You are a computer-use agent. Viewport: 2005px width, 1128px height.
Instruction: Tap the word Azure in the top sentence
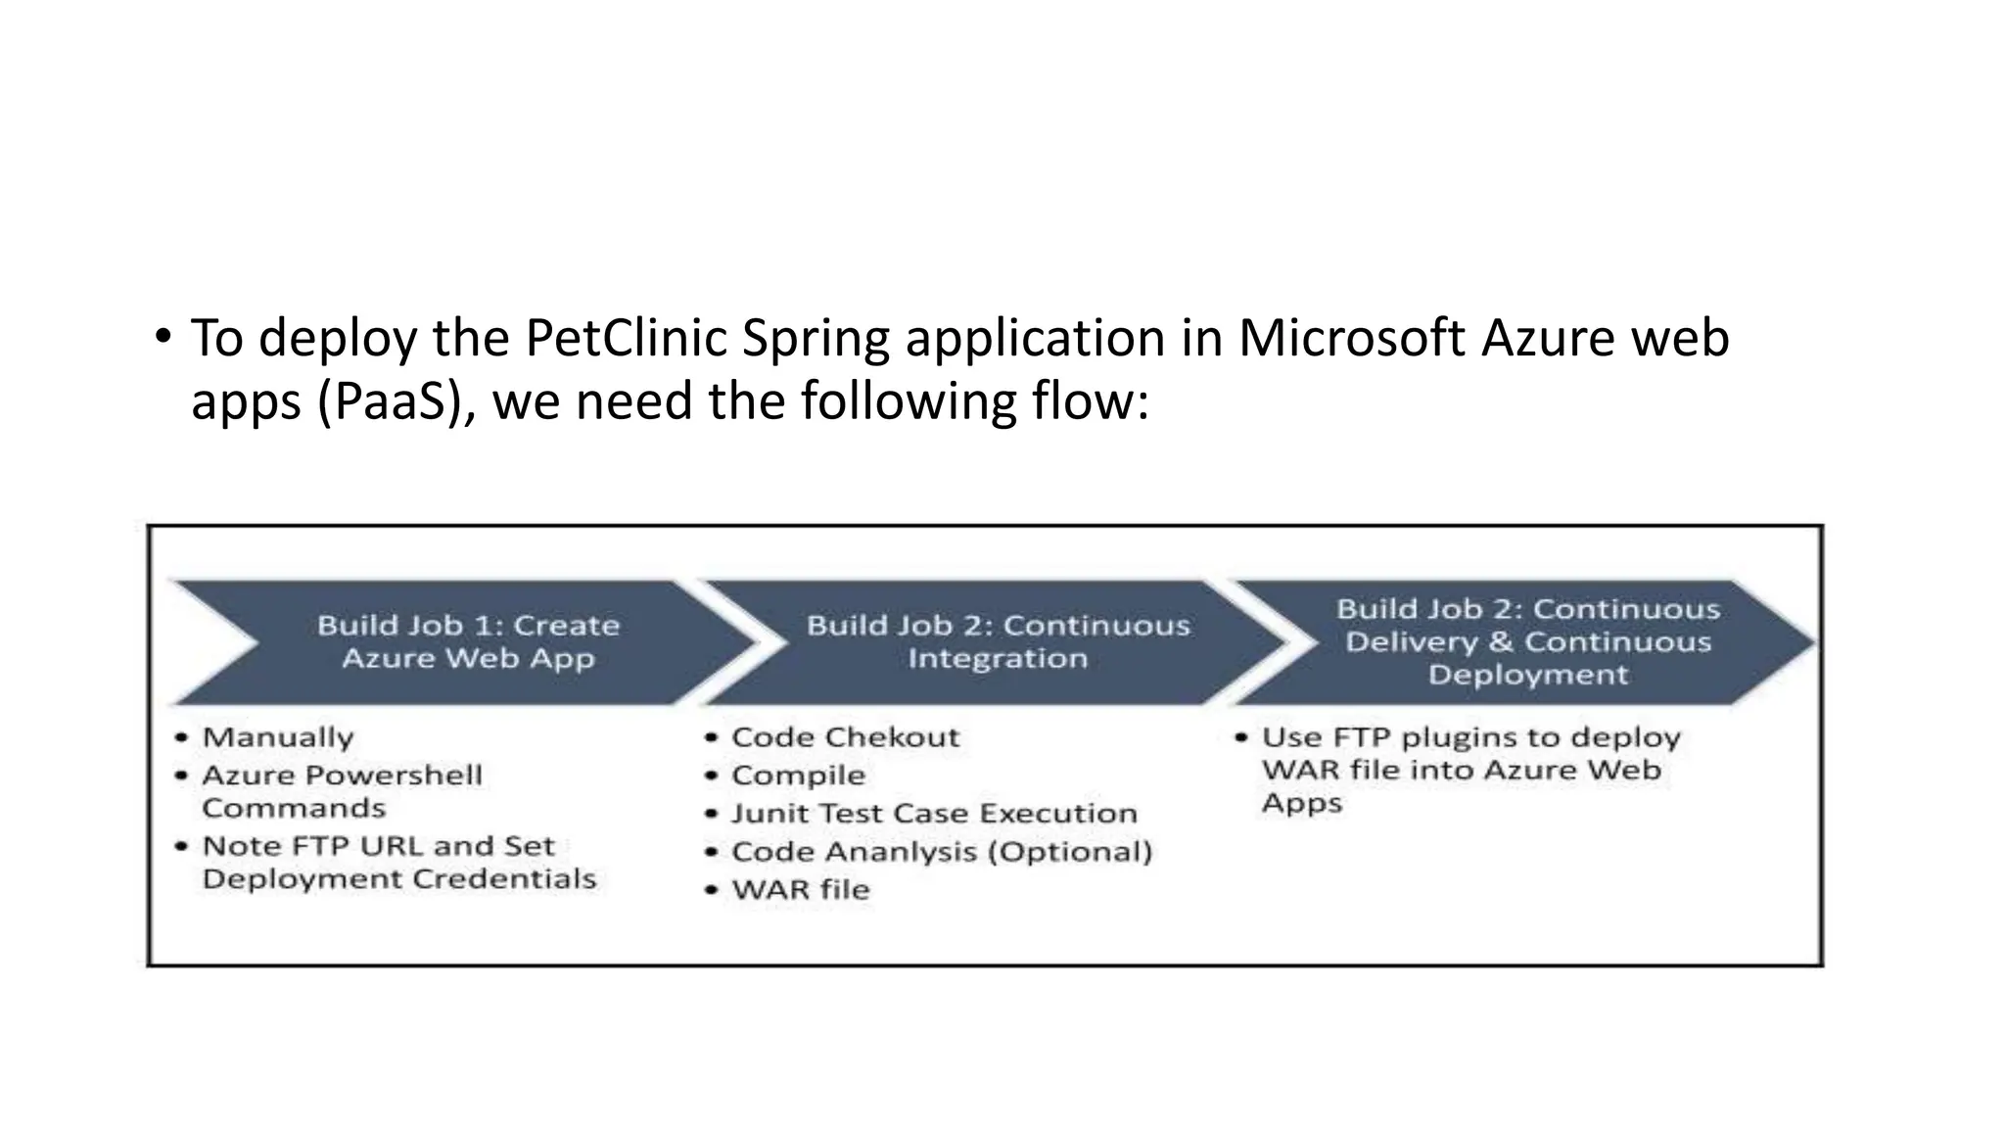click(1541, 339)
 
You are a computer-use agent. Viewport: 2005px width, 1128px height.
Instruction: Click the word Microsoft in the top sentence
click(1351, 339)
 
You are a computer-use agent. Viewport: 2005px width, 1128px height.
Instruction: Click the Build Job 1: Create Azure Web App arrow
click(468, 641)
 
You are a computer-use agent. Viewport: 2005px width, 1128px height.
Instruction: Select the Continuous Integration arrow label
click(998, 641)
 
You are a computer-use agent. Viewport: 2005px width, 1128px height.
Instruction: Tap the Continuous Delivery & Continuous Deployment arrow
click(1527, 641)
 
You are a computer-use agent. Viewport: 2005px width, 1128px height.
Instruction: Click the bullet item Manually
click(278, 737)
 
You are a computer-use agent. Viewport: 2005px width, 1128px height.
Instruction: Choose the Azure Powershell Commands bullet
click(342, 791)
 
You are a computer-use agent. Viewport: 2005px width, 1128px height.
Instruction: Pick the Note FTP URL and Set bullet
click(378, 846)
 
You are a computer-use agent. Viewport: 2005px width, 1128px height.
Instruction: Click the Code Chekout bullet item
click(845, 737)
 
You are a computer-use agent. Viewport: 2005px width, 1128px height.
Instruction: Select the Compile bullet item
click(798, 775)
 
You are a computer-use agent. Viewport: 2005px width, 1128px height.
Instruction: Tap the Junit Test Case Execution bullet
click(934, 814)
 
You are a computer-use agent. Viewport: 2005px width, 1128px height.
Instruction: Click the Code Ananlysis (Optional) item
click(942, 852)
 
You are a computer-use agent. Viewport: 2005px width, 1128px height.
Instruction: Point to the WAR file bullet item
click(800, 890)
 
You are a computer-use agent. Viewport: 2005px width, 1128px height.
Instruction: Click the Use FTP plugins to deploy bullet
click(1470, 737)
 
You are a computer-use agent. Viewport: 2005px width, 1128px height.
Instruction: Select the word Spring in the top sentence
click(816, 339)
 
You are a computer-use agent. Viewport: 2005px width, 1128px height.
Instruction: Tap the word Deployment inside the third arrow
click(1527, 675)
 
